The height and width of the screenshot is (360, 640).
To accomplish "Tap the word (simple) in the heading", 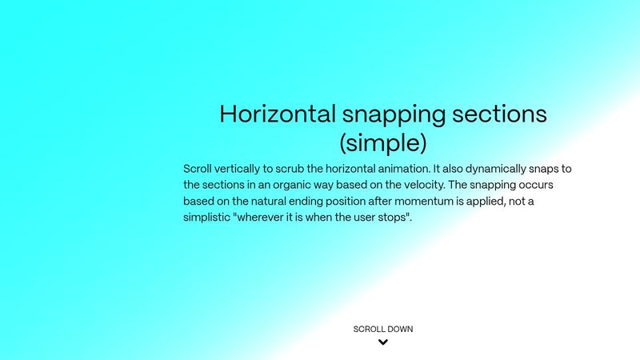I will (x=382, y=144).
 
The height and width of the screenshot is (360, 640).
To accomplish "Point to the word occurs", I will (x=550, y=185).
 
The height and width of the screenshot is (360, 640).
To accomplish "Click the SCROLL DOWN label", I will (x=383, y=329).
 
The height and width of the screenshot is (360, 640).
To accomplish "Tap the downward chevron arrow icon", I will (x=383, y=342).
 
